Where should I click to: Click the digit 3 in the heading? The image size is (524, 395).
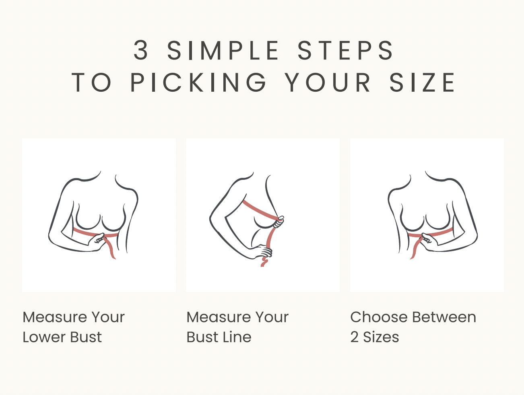pyautogui.click(x=141, y=50)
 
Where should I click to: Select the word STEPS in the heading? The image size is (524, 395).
pyautogui.click(x=346, y=50)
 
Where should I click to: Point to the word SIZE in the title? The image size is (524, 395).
pyautogui.click(x=422, y=82)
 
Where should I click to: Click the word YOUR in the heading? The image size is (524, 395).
pyautogui.click(x=328, y=82)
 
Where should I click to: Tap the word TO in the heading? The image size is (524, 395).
pyautogui.click(x=91, y=82)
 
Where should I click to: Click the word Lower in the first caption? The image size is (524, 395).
pyautogui.click(x=44, y=337)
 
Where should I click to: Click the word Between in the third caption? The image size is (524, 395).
pyautogui.click(x=444, y=317)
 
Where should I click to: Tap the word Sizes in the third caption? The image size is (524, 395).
pyautogui.click(x=381, y=337)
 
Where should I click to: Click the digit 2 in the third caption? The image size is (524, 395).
pyautogui.click(x=354, y=337)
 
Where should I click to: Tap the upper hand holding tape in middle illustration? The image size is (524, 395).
pyautogui.click(x=279, y=222)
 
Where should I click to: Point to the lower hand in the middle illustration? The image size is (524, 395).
pyautogui.click(x=262, y=252)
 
